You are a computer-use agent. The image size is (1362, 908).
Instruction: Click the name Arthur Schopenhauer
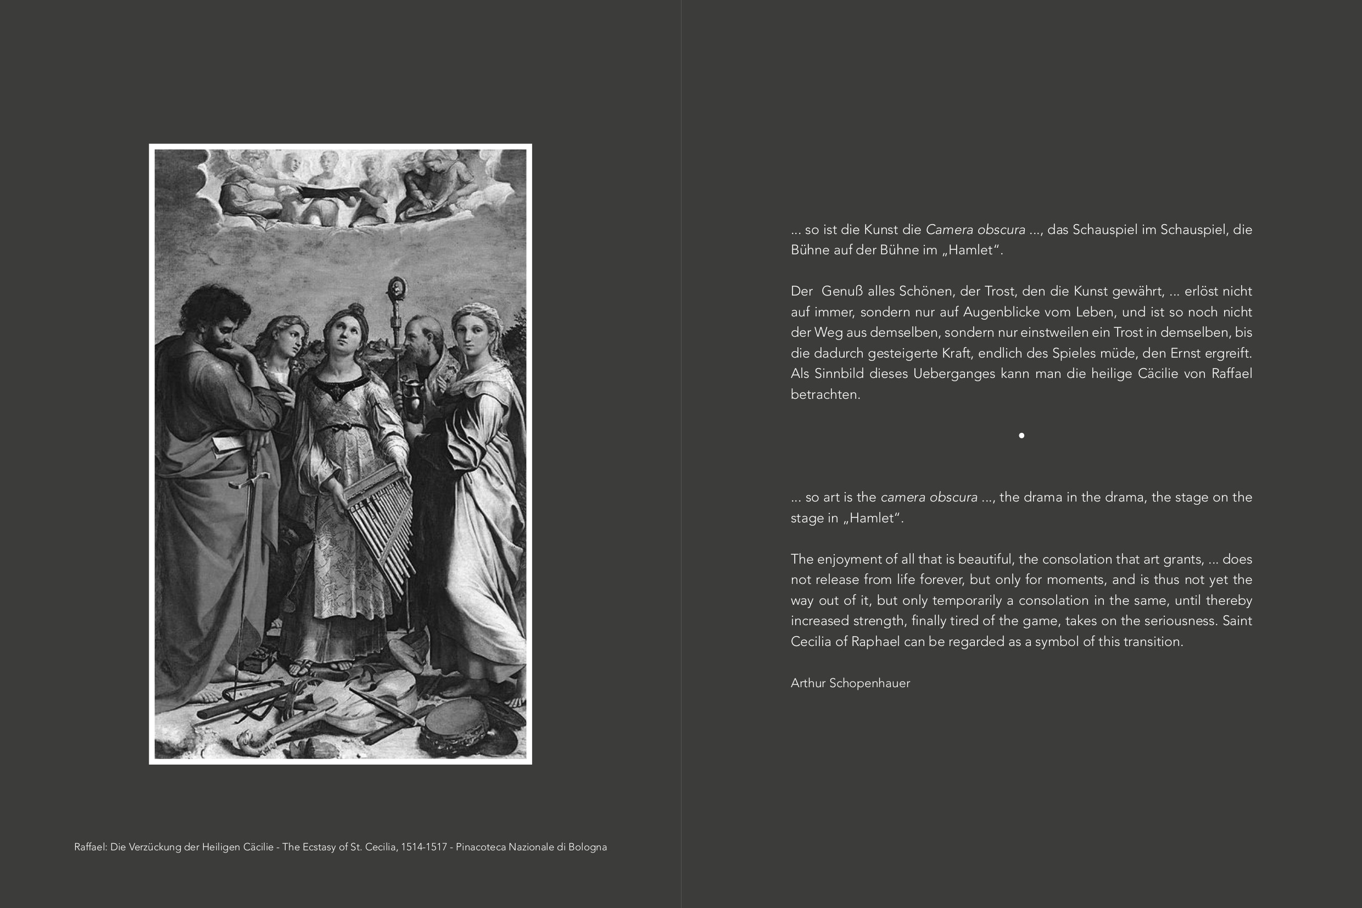pyautogui.click(x=850, y=683)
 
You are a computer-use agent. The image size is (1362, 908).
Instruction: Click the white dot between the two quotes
pyautogui.click(x=1021, y=436)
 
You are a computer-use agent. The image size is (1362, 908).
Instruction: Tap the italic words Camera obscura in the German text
pyautogui.click(x=975, y=230)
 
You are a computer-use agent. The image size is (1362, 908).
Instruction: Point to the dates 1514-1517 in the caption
pyautogui.click(x=424, y=847)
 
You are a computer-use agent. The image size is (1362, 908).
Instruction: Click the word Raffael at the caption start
pyautogui.click(x=90, y=847)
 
